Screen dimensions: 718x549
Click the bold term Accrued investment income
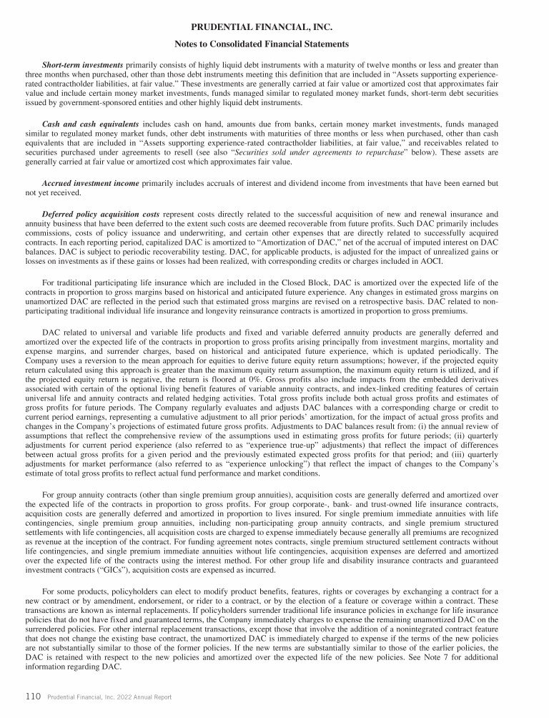90,184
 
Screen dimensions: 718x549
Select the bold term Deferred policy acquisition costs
102,214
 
